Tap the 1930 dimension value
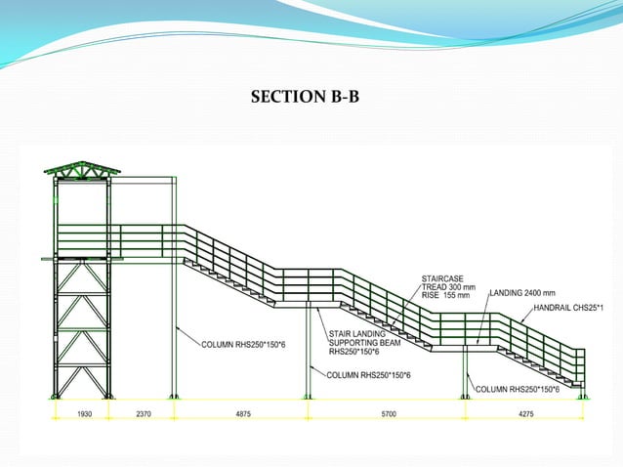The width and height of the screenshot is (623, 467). pos(84,414)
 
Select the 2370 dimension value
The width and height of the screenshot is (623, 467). pos(144,414)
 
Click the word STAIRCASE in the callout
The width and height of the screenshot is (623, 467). pos(441,278)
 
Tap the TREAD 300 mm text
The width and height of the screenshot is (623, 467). pos(445,286)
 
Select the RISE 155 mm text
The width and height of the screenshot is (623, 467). pos(445,294)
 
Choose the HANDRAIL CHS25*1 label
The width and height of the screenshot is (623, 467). pos(569,309)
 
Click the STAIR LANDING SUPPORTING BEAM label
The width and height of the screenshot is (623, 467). pos(357,343)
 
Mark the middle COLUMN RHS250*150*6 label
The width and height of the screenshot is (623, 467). pos(368,374)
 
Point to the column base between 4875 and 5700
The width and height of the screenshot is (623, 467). pos(309,396)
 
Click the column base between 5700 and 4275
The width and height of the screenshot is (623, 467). pos(465,396)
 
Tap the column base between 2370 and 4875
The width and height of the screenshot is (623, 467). pos(175,396)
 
